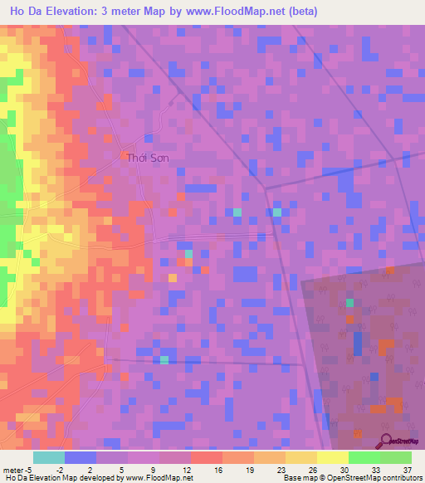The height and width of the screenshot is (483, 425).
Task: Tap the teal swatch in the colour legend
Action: [x=49, y=457]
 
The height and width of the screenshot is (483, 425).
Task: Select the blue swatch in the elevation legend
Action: [x=81, y=457]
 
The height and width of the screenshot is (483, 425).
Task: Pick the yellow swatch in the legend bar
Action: [x=301, y=457]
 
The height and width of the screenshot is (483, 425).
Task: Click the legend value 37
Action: [x=407, y=469]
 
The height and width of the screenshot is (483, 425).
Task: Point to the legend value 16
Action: [x=217, y=469]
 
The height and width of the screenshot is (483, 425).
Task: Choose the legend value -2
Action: [x=60, y=469]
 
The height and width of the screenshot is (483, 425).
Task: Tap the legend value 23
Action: [x=281, y=469]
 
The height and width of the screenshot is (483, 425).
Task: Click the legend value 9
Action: [x=154, y=469]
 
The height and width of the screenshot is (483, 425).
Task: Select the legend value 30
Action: [x=344, y=469]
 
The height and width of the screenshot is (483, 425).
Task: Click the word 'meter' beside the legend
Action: [x=13, y=469]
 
